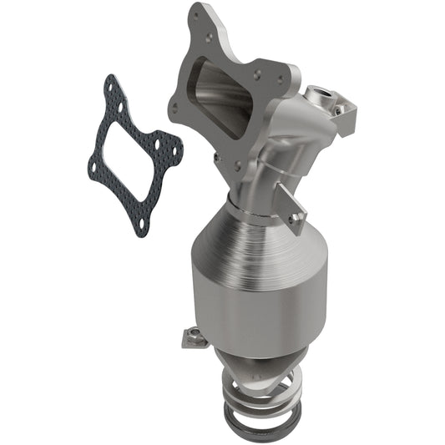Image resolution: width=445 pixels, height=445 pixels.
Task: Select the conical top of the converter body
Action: tap(250, 242)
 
